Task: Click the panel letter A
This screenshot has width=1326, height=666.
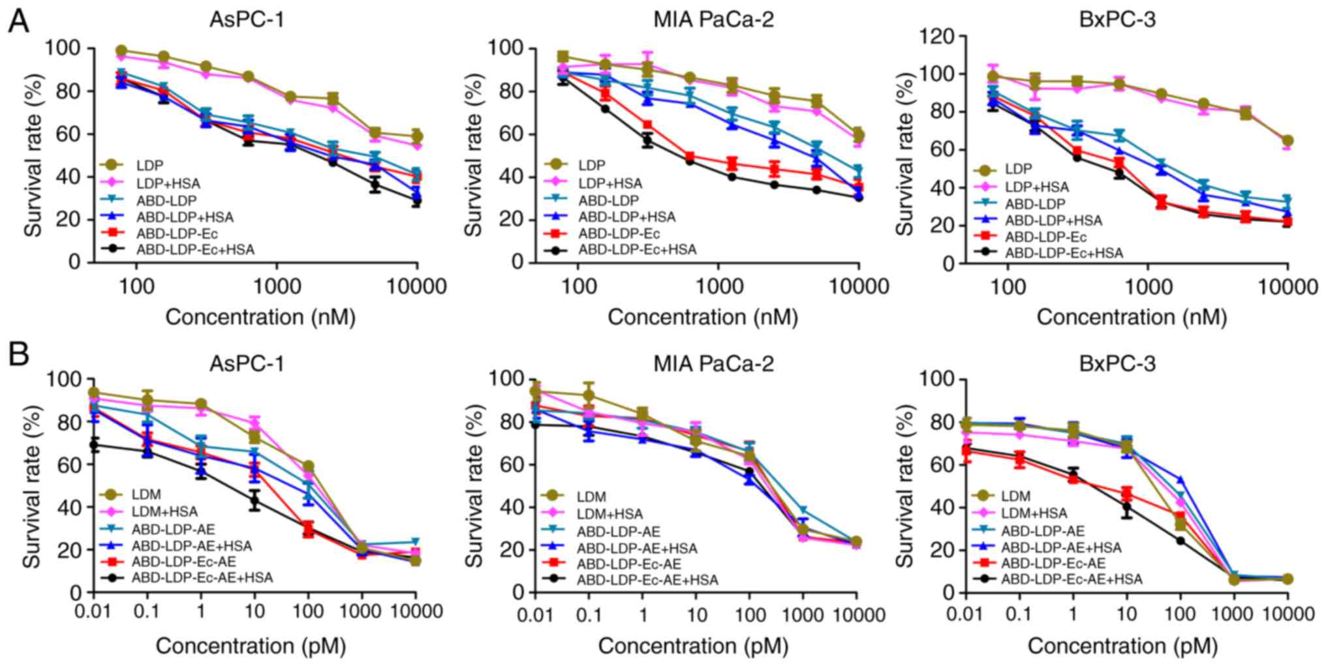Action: tap(18, 22)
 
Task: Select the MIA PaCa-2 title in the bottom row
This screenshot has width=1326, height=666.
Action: tap(714, 363)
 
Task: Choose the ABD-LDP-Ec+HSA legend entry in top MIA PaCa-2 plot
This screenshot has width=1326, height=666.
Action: tap(638, 249)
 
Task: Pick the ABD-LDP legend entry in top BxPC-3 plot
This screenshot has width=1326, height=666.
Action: tap(1034, 204)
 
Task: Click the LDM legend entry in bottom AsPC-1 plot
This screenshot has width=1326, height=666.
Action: tap(145, 496)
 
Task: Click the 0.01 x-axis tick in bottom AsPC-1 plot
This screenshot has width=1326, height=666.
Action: tap(95, 612)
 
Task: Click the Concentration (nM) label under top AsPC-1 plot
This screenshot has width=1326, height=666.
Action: tap(260, 317)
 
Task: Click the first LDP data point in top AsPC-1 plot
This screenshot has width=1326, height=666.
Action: tap(121, 51)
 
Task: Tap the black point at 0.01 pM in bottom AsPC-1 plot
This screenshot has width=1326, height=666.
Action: tap(95, 446)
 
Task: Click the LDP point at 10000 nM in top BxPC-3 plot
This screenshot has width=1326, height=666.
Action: tap(1287, 140)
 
